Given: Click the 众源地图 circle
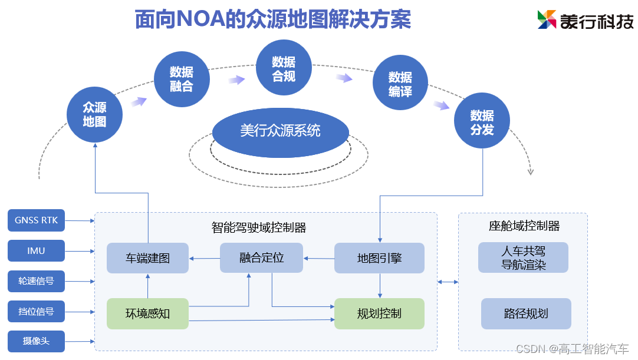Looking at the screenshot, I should coord(94,115).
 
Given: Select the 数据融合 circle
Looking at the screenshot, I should coord(182,79).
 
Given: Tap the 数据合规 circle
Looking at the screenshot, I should coord(284,68).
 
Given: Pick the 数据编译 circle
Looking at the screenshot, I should coord(400,84).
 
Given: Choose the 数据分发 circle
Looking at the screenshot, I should coord(482,123).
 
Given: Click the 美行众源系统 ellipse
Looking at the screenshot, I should coord(280,130).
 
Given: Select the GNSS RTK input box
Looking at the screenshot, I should coord(36,220).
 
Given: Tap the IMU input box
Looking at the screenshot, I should coord(36,251).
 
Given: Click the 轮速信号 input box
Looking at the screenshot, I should coord(36,281).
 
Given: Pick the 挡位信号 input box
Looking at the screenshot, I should coord(36,311).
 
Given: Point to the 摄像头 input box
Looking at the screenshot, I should coord(36,341).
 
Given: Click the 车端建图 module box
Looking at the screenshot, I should coord(147,258).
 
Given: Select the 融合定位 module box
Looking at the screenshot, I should coord(261,258).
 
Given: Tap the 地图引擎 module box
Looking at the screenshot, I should coord(379,258).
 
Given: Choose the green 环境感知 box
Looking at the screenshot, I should coord(147,313).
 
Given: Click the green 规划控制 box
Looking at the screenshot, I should coord(379,313).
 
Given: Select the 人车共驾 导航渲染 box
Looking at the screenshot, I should coord(524,258).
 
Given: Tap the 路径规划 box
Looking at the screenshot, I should coord(526,313).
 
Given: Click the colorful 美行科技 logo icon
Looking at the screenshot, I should coord(547,19).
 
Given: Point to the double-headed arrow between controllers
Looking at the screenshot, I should coord(448,282).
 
